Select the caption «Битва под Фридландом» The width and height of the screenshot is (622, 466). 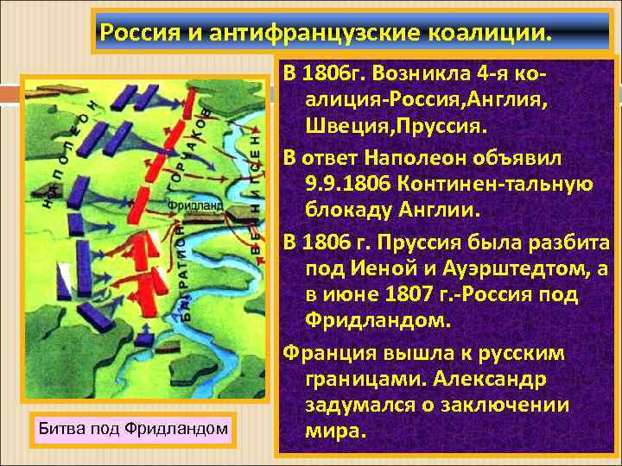pyautogui.click(x=132, y=427)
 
